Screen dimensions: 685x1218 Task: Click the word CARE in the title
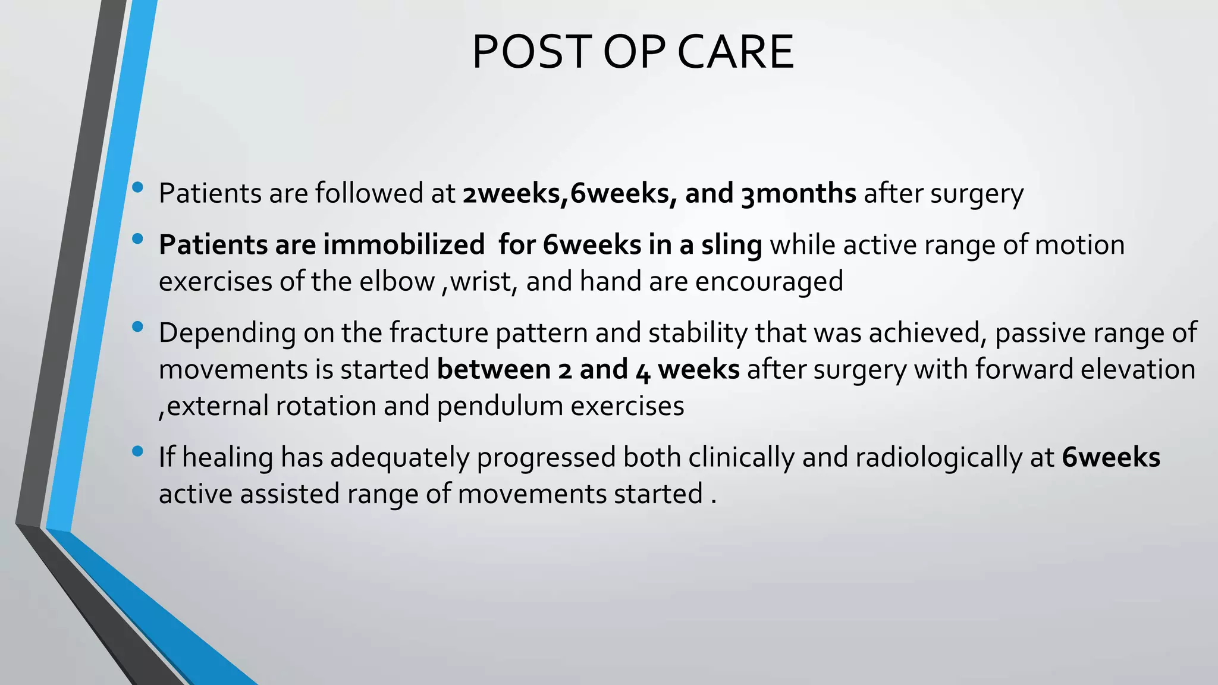(735, 52)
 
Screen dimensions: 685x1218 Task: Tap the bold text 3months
(798, 194)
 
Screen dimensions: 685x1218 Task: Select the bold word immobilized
(404, 245)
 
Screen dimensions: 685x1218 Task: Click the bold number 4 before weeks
(643, 370)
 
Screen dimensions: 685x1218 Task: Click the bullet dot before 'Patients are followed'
(138, 187)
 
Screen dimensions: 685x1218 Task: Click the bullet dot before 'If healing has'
(138, 451)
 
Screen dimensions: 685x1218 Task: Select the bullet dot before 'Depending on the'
(138, 326)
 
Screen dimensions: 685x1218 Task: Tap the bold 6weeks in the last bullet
(1111, 458)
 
